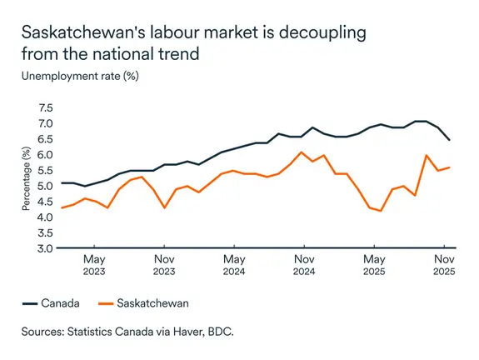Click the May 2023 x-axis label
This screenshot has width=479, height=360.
[x=94, y=264]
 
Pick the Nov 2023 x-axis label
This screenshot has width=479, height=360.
[x=164, y=264]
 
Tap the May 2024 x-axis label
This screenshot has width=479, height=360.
[x=235, y=264]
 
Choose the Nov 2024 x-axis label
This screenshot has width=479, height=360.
[x=305, y=264]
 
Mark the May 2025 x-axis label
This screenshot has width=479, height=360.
[x=374, y=264]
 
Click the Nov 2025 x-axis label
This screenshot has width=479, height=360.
[x=444, y=264]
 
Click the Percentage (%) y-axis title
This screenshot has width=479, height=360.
[x=27, y=178]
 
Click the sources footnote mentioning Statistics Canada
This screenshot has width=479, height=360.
[x=129, y=332]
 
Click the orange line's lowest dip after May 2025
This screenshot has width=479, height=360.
[x=381, y=211]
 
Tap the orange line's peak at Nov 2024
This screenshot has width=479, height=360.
[x=300, y=152]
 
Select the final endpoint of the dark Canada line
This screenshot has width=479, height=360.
[x=451, y=139]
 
